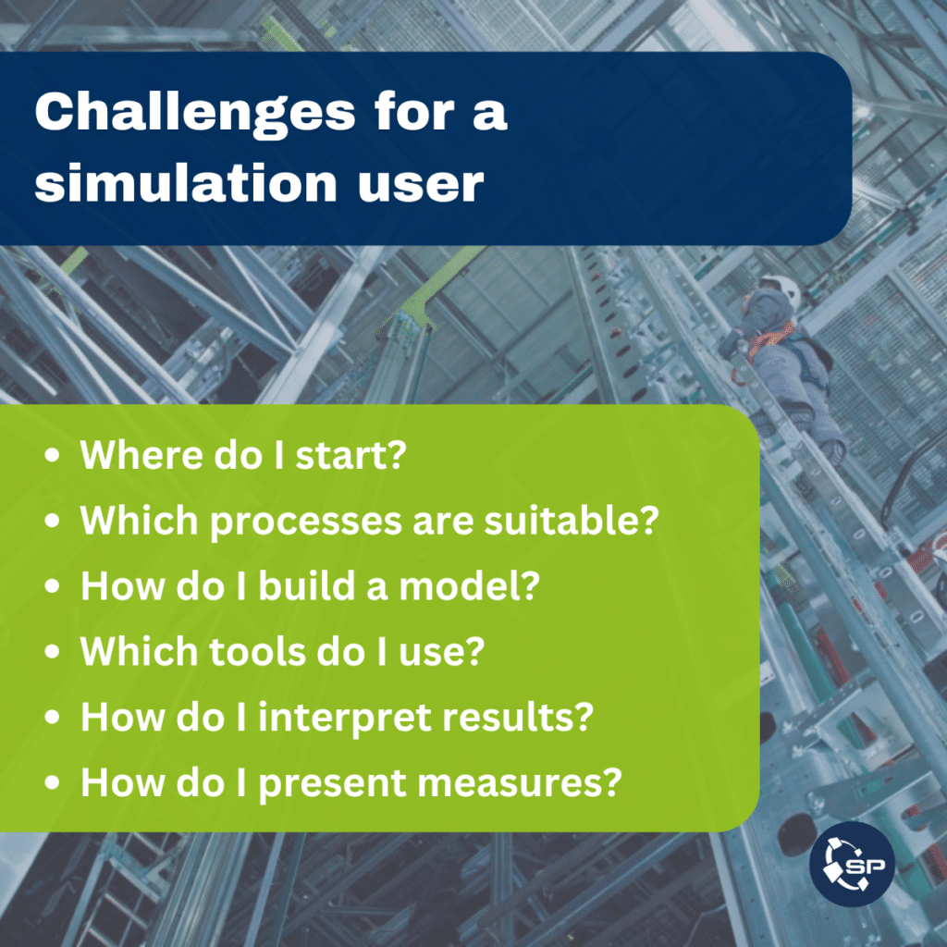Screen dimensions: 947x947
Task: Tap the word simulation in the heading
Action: coord(185,182)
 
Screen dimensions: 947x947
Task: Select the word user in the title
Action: coord(421,185)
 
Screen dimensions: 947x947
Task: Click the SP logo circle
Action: coord(852,864)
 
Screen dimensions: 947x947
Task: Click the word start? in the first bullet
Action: coord(351,455)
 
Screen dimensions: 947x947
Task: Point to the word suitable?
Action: coord(572,521)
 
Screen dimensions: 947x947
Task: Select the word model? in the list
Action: coord(469,585)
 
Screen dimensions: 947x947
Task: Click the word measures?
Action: coord(520,783)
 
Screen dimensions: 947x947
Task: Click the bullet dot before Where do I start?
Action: coord(53,455)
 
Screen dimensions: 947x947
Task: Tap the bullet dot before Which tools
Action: coord(53,651)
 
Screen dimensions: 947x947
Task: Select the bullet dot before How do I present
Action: coord(53,782)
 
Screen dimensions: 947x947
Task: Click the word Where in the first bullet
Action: coord(141,455)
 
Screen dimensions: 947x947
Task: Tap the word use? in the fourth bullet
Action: coord(441,652)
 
